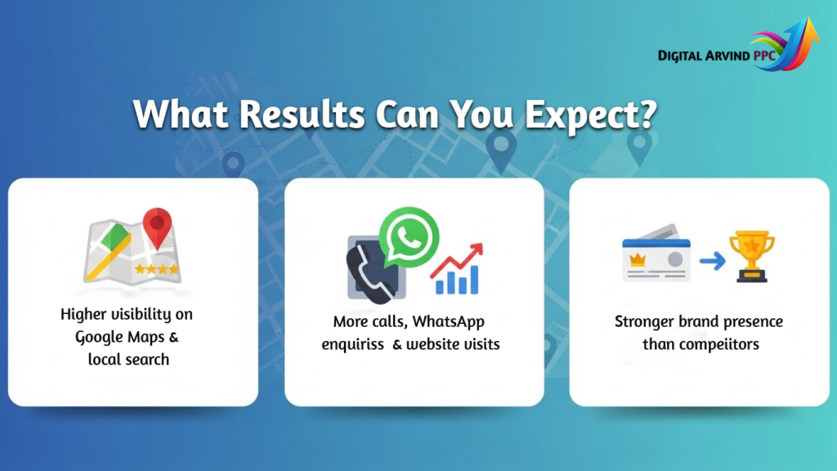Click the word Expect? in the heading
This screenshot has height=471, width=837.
coord(590,114)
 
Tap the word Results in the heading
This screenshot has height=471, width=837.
coord(302,114)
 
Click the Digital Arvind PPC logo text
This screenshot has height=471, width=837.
coord(717,56)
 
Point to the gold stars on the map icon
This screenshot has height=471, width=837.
coord(156,269)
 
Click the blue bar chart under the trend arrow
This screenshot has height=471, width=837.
coord(457,280)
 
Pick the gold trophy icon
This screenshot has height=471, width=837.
coord(752,256)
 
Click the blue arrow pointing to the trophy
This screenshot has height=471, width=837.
coord(713,261)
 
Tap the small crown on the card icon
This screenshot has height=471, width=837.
coord(638,260)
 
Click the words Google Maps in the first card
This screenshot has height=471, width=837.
coord(127,338)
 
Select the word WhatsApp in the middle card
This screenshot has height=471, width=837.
coord(448,322)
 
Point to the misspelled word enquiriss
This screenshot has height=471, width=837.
coord(352,345)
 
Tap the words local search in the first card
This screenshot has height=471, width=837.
coord(128,360)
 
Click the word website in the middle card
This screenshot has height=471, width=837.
coord(432,344)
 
